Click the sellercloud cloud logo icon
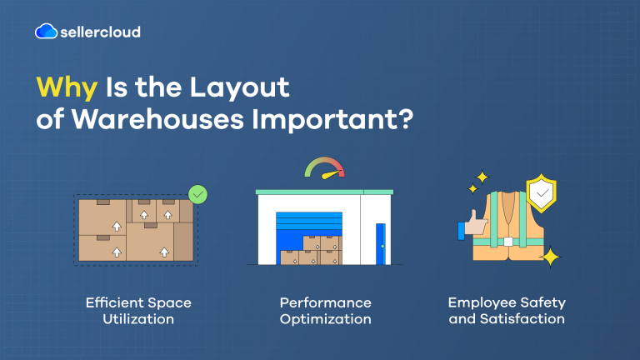[x=47, y=32]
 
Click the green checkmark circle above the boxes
[x=197, y=195]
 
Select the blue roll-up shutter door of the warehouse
[x=308, y=223]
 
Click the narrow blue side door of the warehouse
[x=380, y=242]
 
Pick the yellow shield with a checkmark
[x=541, y=194]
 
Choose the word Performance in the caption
[x=325, y=302]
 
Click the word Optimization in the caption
[x=325, y=318]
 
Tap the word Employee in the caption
[x=479, y=302]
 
